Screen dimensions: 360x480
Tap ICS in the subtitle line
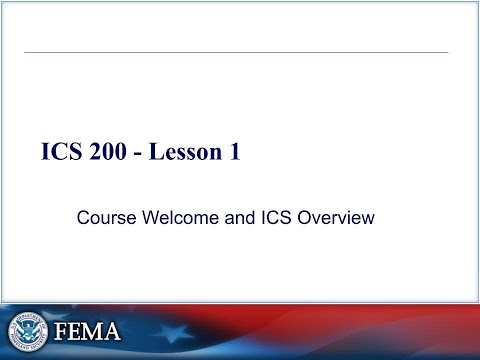click(x=274, y=216)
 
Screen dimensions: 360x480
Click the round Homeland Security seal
click(x=28, y=331)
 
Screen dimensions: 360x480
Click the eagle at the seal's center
click(x=28, y=331)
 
